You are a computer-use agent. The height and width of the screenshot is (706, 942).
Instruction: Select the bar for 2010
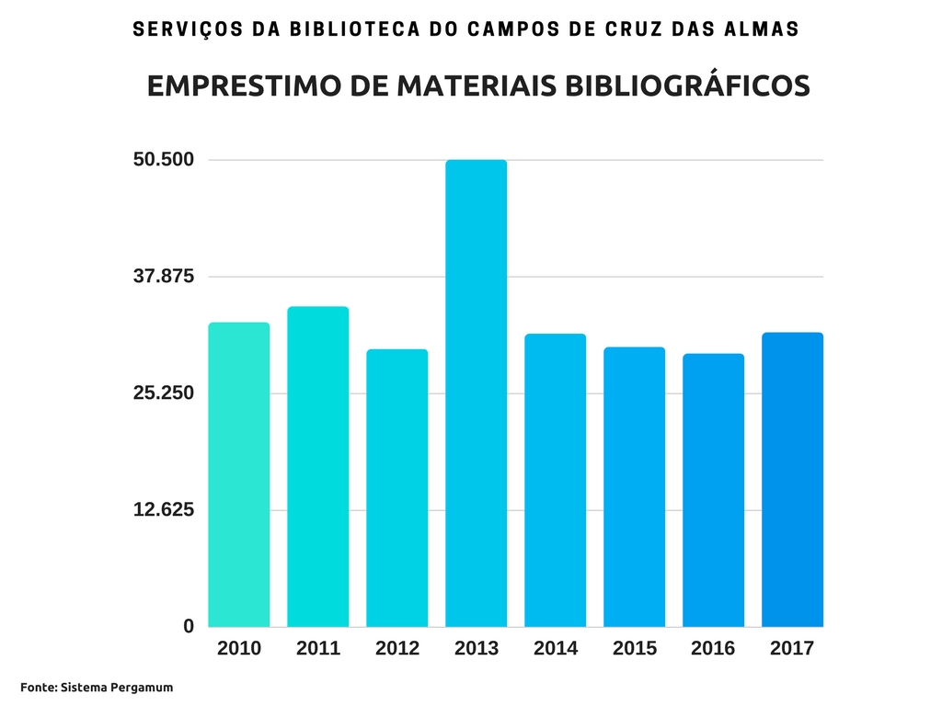coord(239,474)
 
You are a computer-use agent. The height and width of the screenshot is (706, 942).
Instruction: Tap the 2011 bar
coord(317,466)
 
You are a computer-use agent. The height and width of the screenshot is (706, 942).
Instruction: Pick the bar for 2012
coord(396,488)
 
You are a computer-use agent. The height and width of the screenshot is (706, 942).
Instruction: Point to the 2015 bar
coord(634,487)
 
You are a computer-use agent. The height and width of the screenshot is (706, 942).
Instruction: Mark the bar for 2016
coord(713,490)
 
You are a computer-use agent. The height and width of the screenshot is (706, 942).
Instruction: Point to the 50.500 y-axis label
coord(164,160)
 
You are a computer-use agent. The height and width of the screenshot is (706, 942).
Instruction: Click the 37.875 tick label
coord(164,277)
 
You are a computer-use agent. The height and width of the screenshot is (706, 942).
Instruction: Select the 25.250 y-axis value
coord(164,393)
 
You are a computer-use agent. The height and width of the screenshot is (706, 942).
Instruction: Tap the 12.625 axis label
coord(164,510)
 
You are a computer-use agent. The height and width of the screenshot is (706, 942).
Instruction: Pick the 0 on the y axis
coord(189,626)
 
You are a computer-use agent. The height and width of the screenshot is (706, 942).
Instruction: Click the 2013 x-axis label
coord(477,648)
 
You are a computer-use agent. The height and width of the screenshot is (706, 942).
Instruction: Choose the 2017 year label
coord(792,648)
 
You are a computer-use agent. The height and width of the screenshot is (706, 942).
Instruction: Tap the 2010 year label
coord(239,648)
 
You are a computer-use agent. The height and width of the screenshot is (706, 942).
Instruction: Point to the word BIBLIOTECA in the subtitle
coord(342,28)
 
